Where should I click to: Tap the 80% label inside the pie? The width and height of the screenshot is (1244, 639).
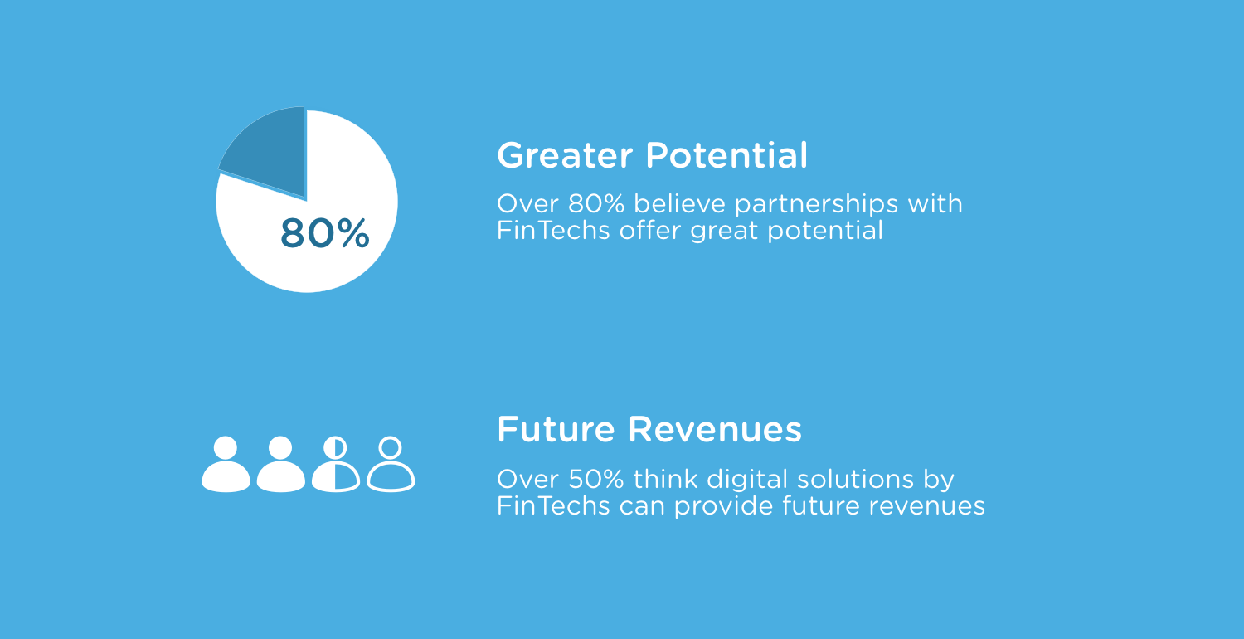tap(325, 233)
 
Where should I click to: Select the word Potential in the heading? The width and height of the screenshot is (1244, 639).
tap(727, 155)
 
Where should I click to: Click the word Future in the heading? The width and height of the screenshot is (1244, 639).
tap(556, 429)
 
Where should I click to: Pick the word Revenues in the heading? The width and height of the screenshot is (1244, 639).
tap(715, 429)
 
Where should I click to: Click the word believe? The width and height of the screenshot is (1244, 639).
tap(680, 203)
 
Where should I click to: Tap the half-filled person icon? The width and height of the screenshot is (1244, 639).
tap(335, 464)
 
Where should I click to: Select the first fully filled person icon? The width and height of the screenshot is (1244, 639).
tap(226, 464)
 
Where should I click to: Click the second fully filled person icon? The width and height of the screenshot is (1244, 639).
tap(280, 464)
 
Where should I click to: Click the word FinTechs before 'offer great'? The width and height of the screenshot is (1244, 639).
tap(553, 230)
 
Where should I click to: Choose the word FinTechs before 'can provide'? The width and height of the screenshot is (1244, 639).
tap(553, 505)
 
